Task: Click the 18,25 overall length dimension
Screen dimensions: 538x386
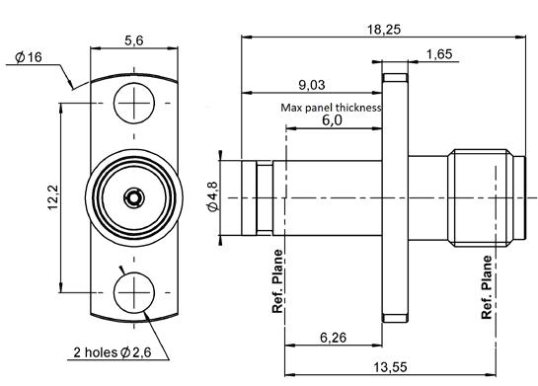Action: (384, 30)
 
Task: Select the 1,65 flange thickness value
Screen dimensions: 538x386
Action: (439, 54)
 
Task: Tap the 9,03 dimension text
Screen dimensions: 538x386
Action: (312, 85)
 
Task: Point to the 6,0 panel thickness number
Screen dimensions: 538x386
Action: (332, 120)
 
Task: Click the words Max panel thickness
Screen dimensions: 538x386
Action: (331, 108)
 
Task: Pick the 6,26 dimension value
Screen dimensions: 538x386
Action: (333, 338)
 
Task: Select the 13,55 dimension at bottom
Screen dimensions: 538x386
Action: (390, 367)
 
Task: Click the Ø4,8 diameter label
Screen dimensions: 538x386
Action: (212, 196)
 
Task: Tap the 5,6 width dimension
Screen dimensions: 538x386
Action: (134, 40)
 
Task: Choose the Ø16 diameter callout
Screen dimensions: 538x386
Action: (29, 57)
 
